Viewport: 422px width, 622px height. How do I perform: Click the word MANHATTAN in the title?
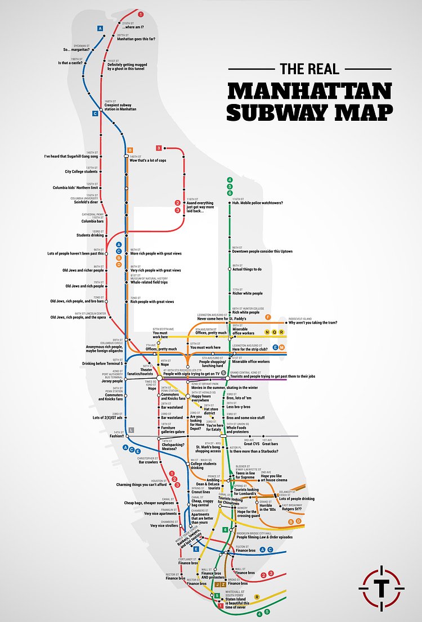[x=309, y=92]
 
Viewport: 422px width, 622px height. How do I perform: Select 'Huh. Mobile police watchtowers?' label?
[x=257, y=203]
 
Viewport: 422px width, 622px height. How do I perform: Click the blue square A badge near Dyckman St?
[x=100, y=28]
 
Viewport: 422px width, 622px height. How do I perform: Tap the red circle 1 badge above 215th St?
[x=140, y=13]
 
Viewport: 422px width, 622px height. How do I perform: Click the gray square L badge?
[x=131, y=430]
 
